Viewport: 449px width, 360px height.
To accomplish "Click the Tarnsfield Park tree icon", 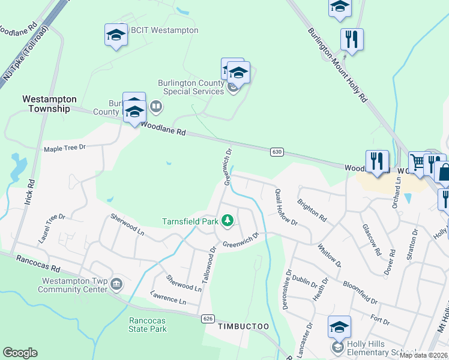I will tap(227, 221).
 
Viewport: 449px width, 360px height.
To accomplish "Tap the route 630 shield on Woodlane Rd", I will tap(276, 152).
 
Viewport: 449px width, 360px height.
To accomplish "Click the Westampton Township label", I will tap(49, 104).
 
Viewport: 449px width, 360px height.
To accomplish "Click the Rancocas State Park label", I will tap(148, 325).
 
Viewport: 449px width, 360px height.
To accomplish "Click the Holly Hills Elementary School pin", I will tap(339, 328).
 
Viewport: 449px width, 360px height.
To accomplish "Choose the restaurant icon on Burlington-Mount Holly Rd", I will tap(352, 40).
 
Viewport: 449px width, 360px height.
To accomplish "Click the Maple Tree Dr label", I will tap(65, 148).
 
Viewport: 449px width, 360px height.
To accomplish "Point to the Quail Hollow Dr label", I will tap(286, 207).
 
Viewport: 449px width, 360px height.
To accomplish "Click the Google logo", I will tap(20, 353).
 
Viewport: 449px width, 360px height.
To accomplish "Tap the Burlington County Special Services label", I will tap(191, 87).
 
